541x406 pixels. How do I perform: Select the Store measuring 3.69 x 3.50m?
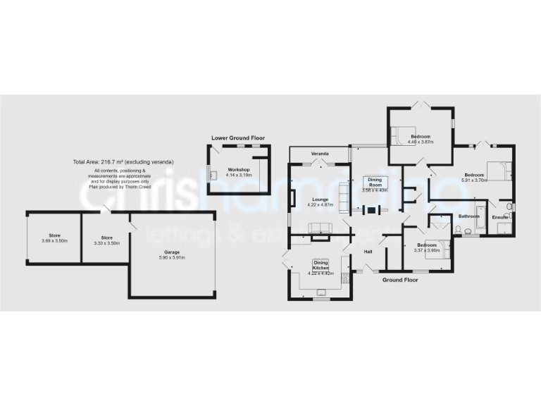coord(55,235)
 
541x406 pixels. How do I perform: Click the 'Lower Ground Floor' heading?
coord(239,138)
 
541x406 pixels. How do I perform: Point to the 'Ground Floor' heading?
coord(400,280)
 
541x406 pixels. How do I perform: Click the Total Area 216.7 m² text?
coord(123,162)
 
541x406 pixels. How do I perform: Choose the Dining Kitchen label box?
coord(321,265)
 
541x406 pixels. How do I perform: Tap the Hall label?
coord(368,252)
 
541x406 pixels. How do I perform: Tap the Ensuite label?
coord(499,217)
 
